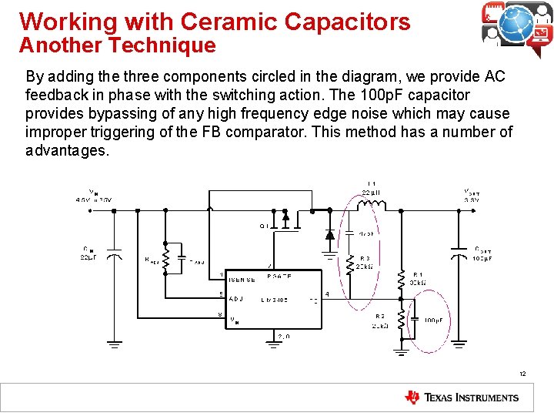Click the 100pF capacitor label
[433, 320]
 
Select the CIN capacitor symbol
[113, 253]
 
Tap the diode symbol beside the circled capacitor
[329, 233]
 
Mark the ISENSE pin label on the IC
[242, 280]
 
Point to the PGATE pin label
[279, 275]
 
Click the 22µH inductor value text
[372, 192]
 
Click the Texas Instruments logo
[462, 398]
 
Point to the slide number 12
[522, 374]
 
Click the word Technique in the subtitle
[162, 45]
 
